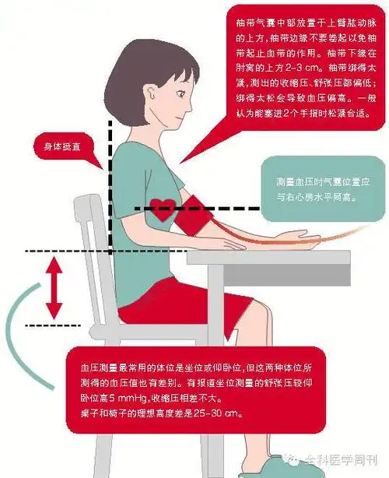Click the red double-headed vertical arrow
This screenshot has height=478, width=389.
click(54, 287)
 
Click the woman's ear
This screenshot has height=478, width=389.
click(150, 100)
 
